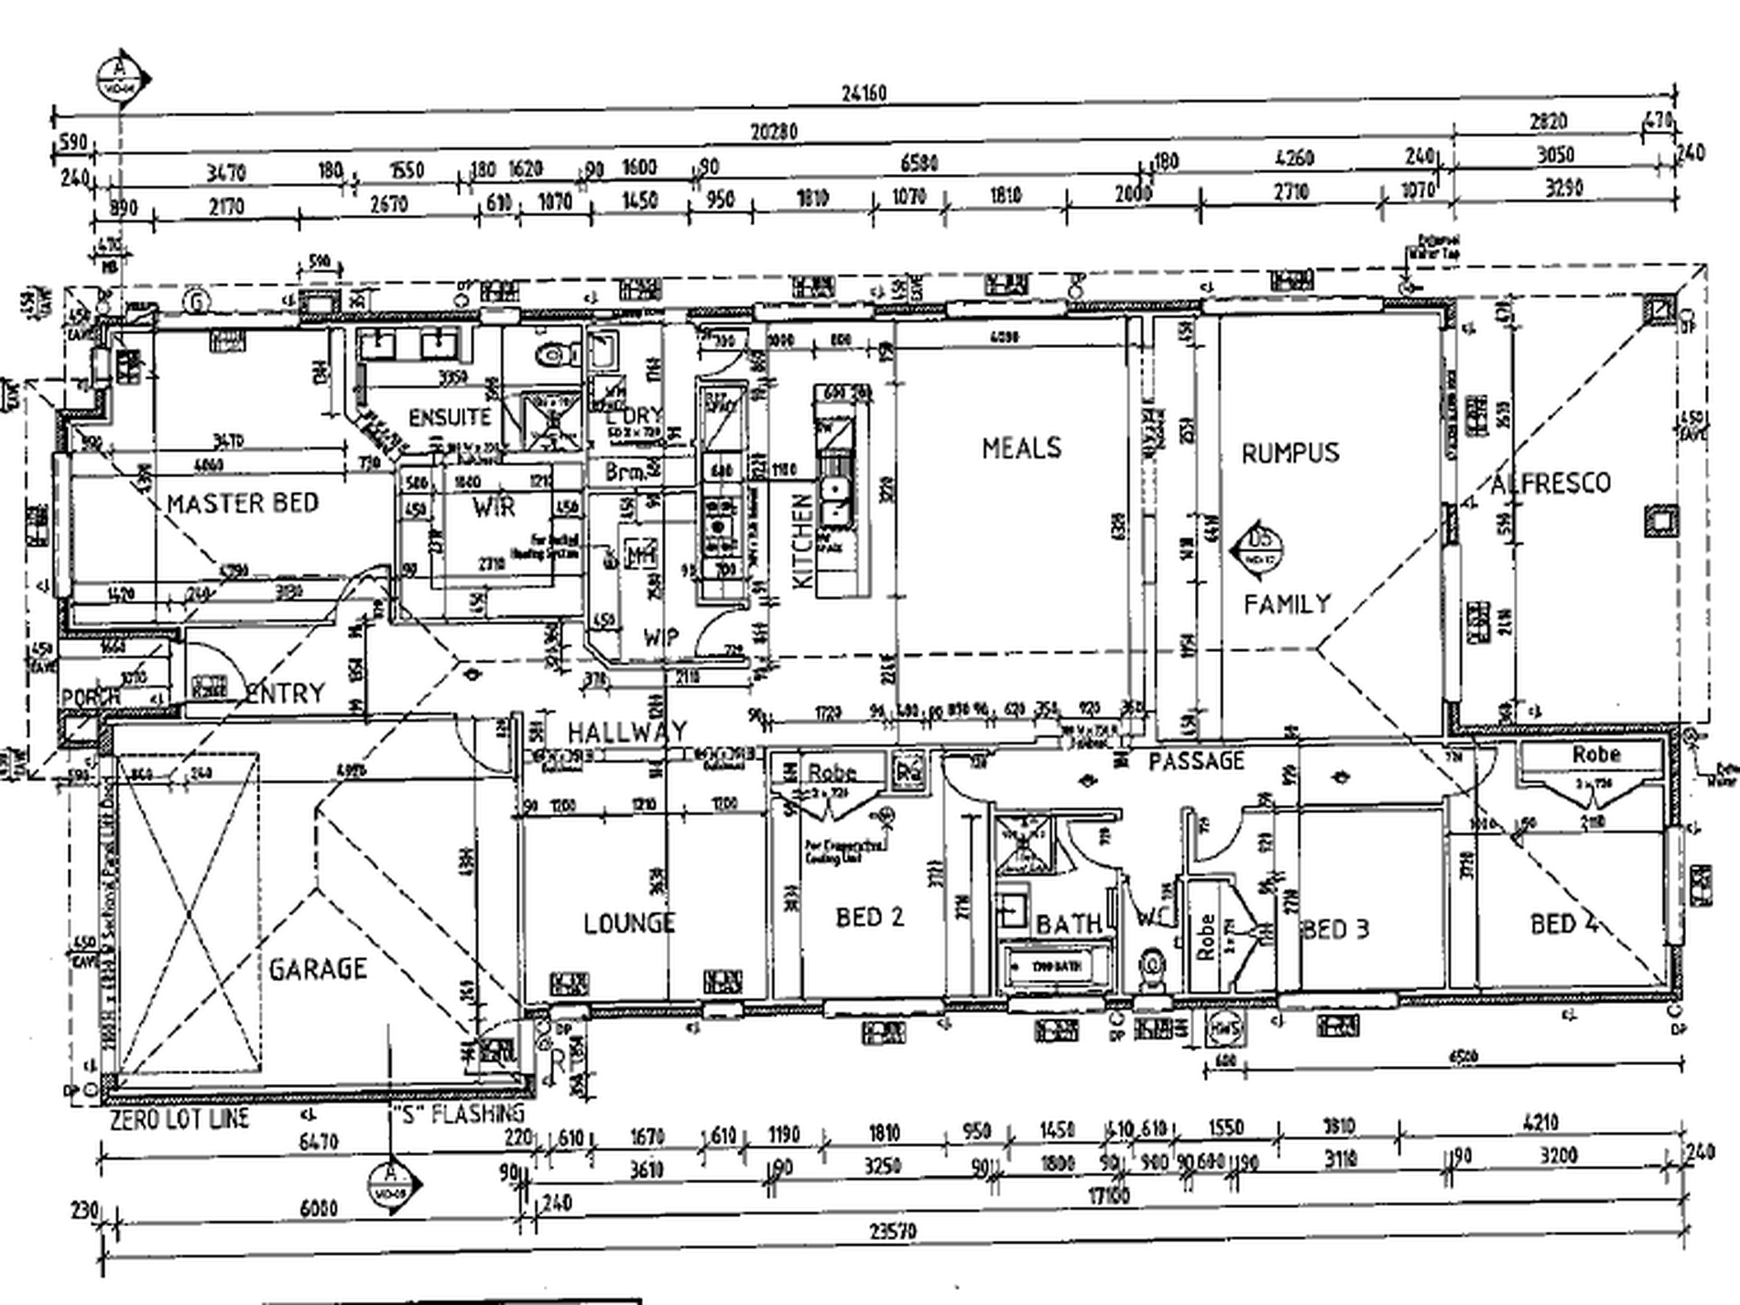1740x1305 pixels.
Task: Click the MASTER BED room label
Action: pyautogui.click(x=243, y=504)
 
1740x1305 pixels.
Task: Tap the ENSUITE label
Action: pyautogui.click(x=450, y=418)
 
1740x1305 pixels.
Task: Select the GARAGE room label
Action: pyautogui.click(x=318, y=969)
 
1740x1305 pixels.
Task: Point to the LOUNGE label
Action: pyautogui.click(x=629, y=923)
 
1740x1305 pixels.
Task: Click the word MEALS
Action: pyautogui.click(x=1022, y=448)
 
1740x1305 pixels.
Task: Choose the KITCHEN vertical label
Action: pyautogui.click(x=801, y=541)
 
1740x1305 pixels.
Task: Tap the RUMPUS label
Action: pyautogui.click(x=1290, y=452)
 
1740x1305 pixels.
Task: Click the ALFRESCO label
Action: pyautogui.click(x=1550, y=484)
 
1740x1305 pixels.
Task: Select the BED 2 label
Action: pyautogui.click(x=870, y=917)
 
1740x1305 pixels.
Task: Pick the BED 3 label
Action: pyautogui.click(x=1336, y=930)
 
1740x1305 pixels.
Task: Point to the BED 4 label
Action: pyautogui.click(x=1565, y=924)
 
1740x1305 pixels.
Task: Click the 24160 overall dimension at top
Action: pyautogui.click(x=864, y=93)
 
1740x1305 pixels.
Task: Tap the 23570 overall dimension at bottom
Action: pyautogui.click(x=893, y=1232)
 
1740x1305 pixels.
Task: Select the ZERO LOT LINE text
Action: pyautogui.click(x=179, y=1119)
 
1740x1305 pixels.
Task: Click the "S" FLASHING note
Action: pyautogui.click(x=458, y=1115)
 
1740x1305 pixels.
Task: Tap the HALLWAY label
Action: pyautogui.click(x=627, y=732)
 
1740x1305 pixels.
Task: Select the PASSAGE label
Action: pyautogui.click(x=1196, y=761)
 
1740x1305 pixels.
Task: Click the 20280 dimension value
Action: pyautogui.click(x=774, y=133)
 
